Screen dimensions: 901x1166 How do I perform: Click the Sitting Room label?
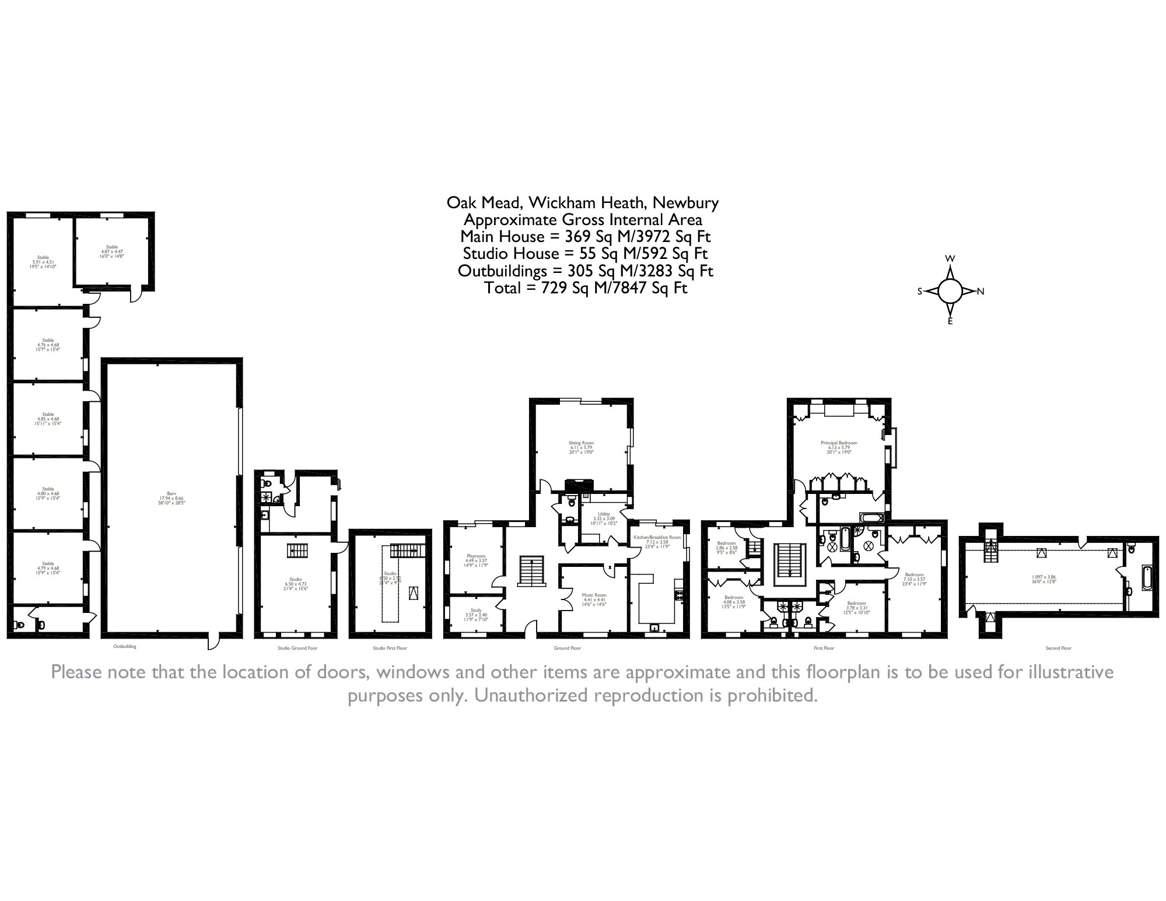(581, 447)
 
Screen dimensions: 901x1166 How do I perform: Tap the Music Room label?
(594, 599)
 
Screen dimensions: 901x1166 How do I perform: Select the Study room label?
(476, 614)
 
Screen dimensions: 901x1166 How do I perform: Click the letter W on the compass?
(950, 259)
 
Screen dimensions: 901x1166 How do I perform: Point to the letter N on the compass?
(981, 292)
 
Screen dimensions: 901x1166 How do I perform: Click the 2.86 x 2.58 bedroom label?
(726, 547)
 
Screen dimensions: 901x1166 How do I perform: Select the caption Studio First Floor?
(390, 648)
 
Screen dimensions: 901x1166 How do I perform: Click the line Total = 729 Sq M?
(585, 288)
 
